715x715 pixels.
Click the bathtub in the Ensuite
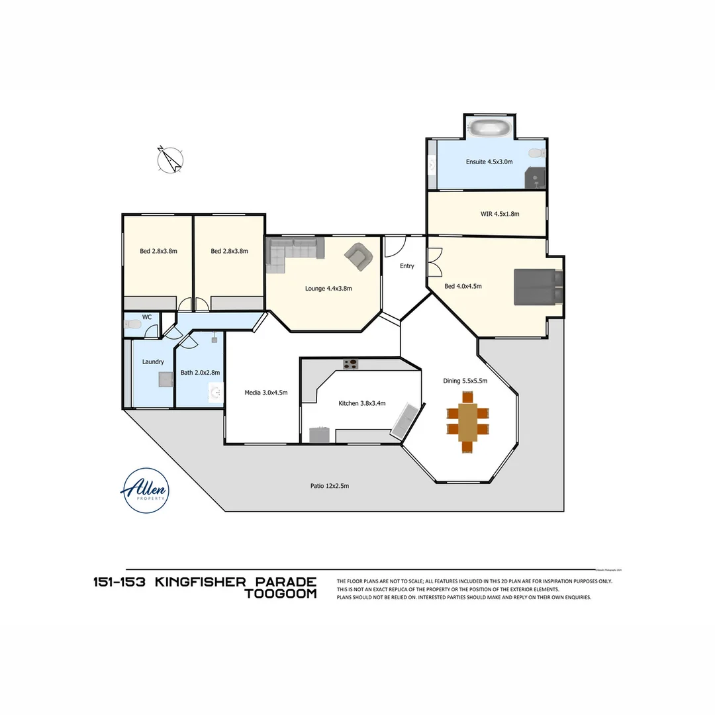click(489, 128)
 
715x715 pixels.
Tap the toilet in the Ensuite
click(537, 154)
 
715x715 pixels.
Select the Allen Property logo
click(145, 490)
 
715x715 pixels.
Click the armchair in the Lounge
click(358, 256)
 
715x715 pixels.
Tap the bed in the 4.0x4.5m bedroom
click(538, 286)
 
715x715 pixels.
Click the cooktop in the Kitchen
click(350, 363)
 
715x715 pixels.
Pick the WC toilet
click(134, 325)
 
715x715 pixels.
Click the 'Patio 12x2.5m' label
click(329, 486)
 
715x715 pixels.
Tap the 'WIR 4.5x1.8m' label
click(500, 214)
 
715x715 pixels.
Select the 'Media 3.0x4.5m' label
click(265, 393)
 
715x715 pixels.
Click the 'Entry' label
click(406, 266)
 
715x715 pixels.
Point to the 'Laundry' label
click(153, 362)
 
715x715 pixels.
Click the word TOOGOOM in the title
click(281, 594)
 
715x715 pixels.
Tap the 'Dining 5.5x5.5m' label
click(465, 381)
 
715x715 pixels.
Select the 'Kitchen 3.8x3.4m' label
click(361, 403)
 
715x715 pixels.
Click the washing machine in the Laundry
click(165, 379)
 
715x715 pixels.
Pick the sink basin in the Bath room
click(215, 393)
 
